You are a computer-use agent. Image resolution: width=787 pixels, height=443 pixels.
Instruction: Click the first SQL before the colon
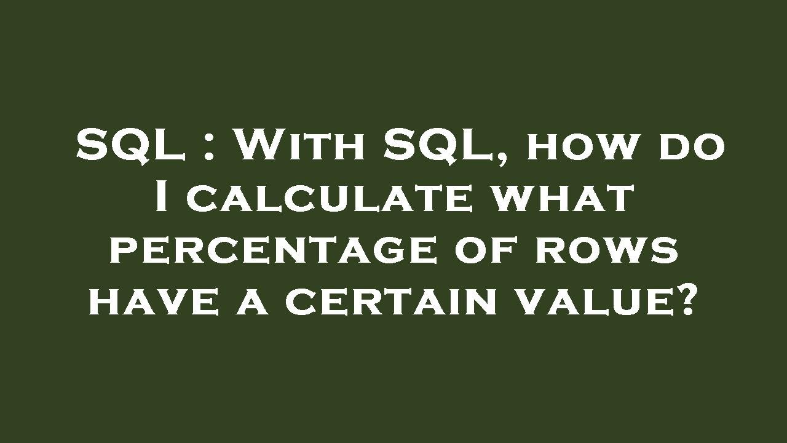131,146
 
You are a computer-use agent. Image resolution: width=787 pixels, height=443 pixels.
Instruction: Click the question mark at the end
686,301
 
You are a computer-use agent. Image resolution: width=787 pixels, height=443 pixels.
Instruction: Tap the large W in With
256,146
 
